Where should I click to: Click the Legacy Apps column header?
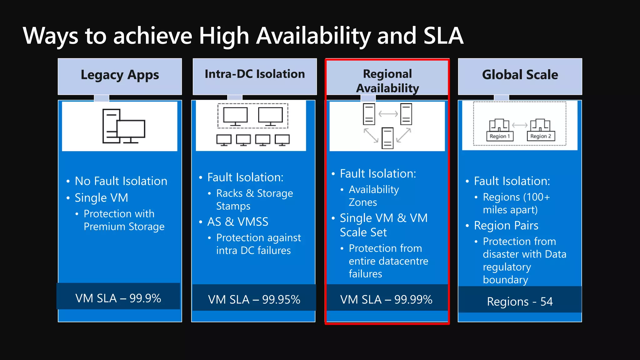coord(120,75)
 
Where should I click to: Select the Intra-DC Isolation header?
coord(255,74)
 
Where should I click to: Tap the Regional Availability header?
coord(387,81)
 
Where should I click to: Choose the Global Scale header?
coord(520,75)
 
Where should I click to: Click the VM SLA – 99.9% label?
coord(118,298)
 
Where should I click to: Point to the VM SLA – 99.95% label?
coord(254,299)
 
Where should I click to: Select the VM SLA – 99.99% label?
coord(386,299)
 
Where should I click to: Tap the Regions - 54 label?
coord(520,302)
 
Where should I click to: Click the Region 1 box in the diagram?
coord(500,136)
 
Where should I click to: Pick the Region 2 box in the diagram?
coord(541,136)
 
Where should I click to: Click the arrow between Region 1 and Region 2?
coord(520,125)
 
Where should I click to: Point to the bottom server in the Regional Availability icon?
coord(387,138)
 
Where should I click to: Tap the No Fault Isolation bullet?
coord(121,181)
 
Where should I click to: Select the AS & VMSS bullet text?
coord(238,222)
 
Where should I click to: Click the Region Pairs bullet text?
coord(506,226)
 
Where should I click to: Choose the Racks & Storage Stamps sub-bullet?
coord(254,200)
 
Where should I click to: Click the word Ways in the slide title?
coord(51,36)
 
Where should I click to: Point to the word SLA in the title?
coord(443,36)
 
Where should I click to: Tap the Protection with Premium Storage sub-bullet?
coord(124,220)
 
